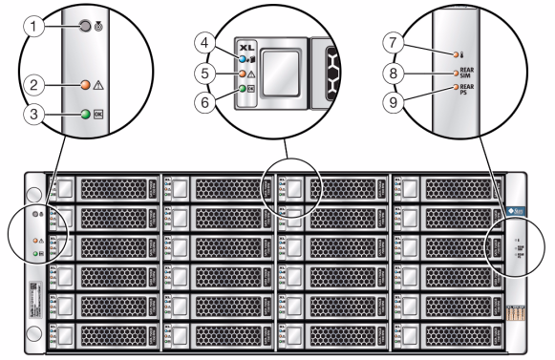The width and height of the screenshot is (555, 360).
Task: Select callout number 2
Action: pyautogui.click(x=33, y=84)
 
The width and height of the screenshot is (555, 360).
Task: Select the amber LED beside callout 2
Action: pyautogui.click(x=86, y=84)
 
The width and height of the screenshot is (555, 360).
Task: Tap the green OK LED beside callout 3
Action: pyautogui.click(x=86, y=115)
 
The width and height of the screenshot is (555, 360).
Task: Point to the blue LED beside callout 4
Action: pyautogui.click(x=244, y=59)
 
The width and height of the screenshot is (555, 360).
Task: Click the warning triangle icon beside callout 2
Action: pyautogui.click(x=100, y=84)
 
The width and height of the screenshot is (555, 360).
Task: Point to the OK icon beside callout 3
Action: pyautogui.click(x=100, y=115)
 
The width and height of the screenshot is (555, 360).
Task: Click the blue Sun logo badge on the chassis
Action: pyautogui.click(x=516, y=208)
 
